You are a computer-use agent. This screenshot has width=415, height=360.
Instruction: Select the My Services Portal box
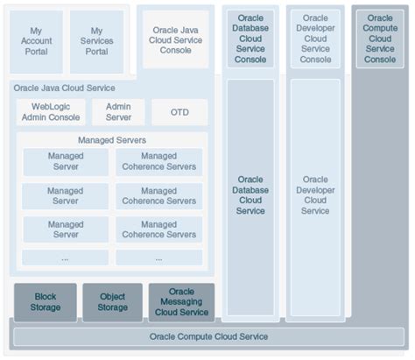[96, 40]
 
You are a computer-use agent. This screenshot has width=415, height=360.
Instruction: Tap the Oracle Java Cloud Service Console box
[176, 39]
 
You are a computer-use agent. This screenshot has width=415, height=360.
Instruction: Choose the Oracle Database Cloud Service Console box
[250, 39]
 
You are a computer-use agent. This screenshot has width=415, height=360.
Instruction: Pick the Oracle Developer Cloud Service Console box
[315, 39]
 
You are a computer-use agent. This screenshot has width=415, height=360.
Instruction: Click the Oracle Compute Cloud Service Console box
[380, 39]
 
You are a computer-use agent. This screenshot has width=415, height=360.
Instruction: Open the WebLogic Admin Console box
[52, 111]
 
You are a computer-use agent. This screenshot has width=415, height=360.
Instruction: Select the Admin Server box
[117, 111]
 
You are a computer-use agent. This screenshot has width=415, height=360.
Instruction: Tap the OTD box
[179, 112]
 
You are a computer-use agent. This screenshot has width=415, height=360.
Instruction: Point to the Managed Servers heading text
[111, 139]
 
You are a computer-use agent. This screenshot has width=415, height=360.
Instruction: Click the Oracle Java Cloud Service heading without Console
[64, 88]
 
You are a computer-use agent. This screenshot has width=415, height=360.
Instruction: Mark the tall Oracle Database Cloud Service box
[250, 197]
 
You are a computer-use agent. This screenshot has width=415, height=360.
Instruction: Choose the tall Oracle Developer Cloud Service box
[315, 197]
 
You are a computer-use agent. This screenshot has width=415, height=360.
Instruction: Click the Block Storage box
[45, 302]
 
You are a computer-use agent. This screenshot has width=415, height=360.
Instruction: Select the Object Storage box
[112, 302]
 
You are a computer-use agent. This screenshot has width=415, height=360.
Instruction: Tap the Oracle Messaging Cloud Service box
[181, 302]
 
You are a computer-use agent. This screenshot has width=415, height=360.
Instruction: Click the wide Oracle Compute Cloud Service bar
[207, 336]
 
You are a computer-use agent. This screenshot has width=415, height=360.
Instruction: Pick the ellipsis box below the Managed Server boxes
[65, 258]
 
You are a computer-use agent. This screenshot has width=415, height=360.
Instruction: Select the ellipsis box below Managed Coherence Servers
[158, 258]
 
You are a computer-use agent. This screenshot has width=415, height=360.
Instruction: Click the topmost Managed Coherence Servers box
[158, 161]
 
